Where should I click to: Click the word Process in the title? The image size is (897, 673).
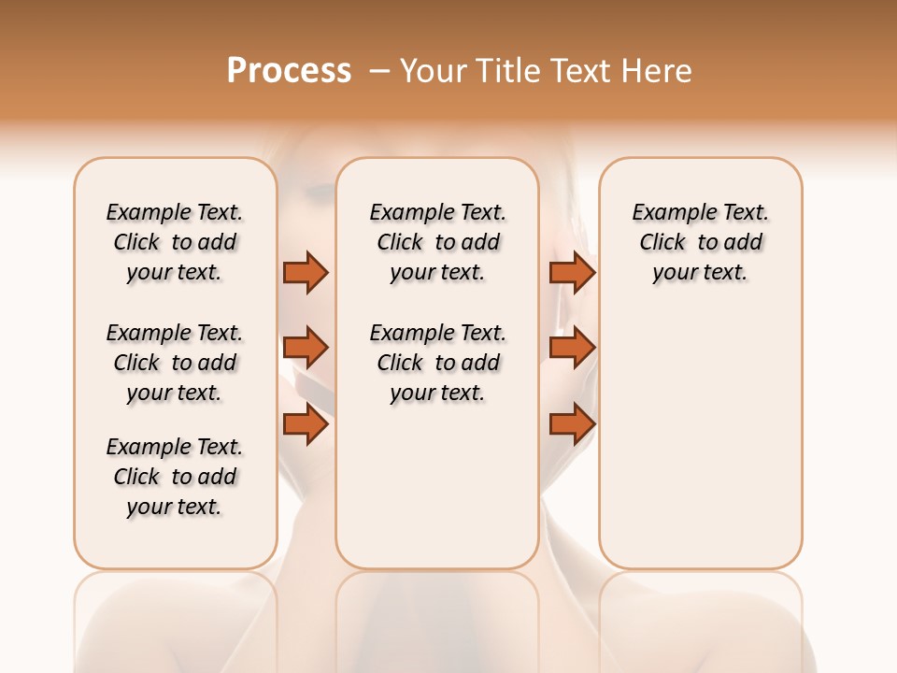click(x=289, y=71)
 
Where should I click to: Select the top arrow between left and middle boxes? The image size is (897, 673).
click(x=306, y=272)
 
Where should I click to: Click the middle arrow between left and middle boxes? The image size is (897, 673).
click(x=306, y=348)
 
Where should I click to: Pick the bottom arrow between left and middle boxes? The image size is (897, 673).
click(x=306, y=424)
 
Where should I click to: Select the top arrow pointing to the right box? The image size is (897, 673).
click(x=572, y=272)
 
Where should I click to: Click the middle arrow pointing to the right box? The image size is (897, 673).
click(x=572, y=348)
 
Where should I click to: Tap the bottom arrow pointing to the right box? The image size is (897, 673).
click(x=572, y=424)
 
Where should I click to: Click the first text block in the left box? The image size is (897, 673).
click(x=175, y=242)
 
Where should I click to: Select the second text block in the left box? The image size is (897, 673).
click(x=175, y=363)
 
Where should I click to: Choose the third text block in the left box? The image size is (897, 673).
click(x=175, y=477)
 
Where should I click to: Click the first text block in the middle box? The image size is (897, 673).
click(x=437, y=242)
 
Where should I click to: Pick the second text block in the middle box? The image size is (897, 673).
click(x=437, y=363)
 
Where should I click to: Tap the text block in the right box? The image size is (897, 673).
click(x=700, y=242)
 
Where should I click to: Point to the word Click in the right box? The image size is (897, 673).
click(x=662, y=243)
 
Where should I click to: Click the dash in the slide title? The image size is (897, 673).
click(x=380, y=71)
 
